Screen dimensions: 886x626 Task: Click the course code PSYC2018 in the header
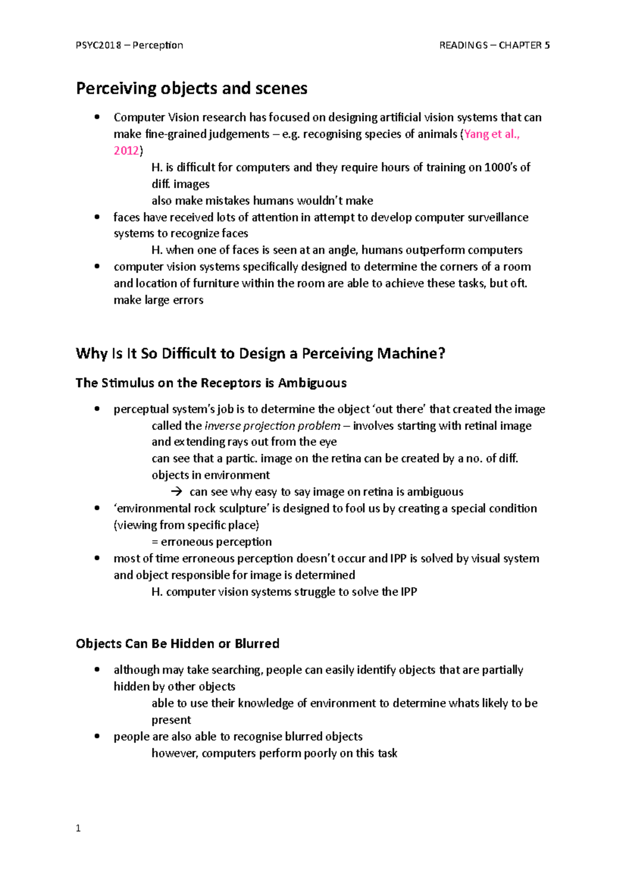click(98, 45)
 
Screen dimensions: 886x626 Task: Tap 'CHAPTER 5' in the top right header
click(524, 45)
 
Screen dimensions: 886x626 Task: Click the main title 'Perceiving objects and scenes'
click(191, 88)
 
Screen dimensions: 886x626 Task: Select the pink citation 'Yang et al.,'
click(491, 134)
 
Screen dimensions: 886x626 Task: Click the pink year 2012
click(126, 151)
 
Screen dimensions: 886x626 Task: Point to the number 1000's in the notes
click(500, 167)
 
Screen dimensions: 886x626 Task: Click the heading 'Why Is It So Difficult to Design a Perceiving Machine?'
click(260, 354)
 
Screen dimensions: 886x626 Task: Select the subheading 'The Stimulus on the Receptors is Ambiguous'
click(211, 383)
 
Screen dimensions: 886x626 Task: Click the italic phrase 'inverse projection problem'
click(272, 426)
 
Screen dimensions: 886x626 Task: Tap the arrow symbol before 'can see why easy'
click(177, 492)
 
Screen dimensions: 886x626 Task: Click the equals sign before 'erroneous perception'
click(154, 542)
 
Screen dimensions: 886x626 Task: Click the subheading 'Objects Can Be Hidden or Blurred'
click(177, 644)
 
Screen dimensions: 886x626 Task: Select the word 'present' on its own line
click(171, 720)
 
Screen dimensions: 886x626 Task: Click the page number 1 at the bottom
click(78, 829)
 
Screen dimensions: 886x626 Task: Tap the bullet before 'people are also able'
click(97, 736)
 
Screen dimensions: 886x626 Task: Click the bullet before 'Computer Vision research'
click(97, 117)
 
